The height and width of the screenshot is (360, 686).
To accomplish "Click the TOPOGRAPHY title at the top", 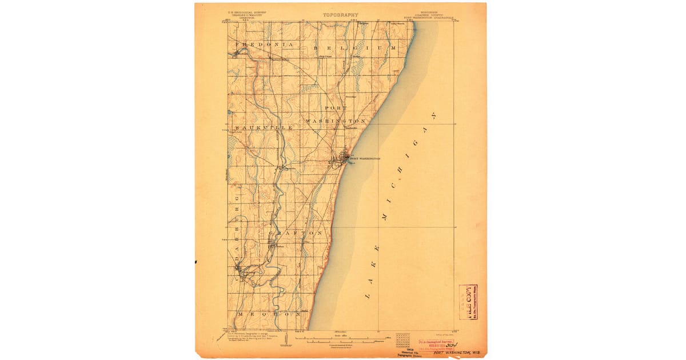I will pos(340,15).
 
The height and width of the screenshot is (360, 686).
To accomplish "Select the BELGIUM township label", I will pos(354,49).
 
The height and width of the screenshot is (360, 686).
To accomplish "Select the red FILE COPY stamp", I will pos(469,302).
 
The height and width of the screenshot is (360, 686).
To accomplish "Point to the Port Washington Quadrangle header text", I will pos(429,17).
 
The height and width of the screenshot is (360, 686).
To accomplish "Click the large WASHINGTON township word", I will pos(335,122).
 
